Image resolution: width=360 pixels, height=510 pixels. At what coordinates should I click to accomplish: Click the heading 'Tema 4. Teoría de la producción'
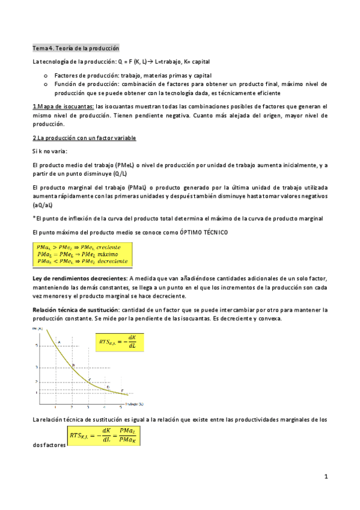(x=76, y=48)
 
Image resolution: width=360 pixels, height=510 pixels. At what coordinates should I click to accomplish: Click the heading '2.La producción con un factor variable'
(x=84, y=138)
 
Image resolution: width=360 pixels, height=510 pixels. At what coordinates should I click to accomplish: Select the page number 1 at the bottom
(x=325, y=477)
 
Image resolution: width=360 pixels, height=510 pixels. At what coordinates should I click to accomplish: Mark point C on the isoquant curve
(x=89, y=380)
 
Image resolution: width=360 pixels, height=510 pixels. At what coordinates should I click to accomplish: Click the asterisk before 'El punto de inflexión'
(x=34, y=217)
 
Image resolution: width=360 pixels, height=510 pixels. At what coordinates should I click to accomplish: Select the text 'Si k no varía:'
(x=50, y=151)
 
